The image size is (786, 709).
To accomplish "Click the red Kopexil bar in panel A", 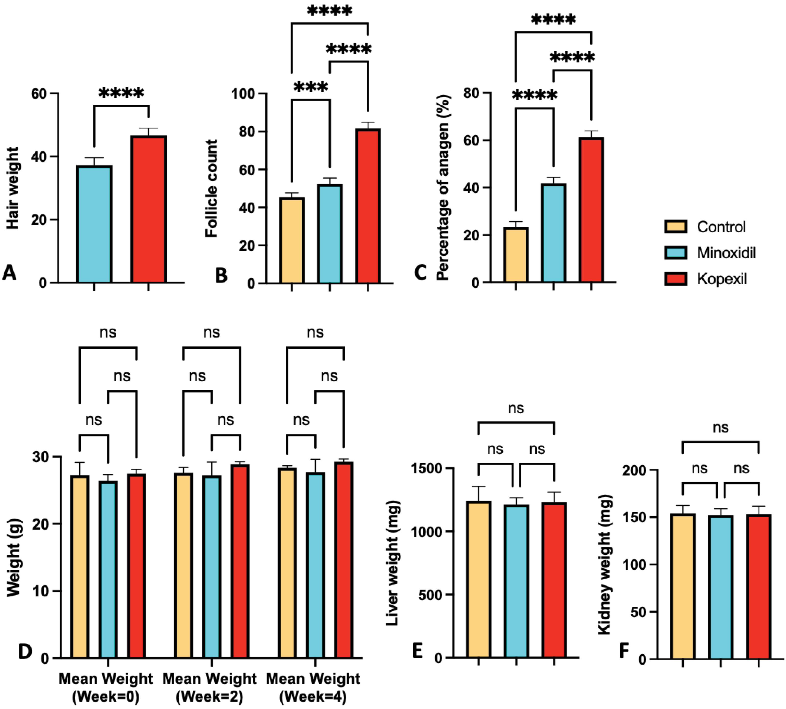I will coord(149,209).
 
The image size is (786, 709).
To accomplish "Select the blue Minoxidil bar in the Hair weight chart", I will coord(94,224).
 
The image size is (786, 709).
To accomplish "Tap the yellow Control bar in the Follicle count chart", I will coord(292,240).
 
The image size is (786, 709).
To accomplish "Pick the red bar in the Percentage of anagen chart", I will coord(591,210).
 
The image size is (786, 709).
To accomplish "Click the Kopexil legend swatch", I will coord(676,279).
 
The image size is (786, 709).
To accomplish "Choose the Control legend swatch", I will coord(676,226).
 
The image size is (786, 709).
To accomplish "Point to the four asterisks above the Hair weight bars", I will coord(121,93).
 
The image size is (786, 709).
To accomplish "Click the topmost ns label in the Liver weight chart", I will coord(516,409).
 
